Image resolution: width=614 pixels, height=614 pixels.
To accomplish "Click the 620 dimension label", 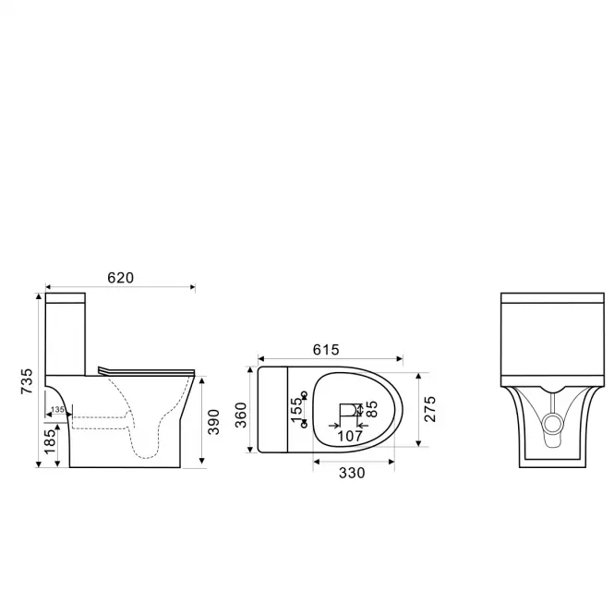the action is coord(121,278).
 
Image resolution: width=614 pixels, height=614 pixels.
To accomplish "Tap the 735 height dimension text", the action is coord(28,381).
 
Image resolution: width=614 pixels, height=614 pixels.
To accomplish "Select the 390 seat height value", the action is coord(213,422).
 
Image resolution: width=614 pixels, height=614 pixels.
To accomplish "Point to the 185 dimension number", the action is coord(50,441).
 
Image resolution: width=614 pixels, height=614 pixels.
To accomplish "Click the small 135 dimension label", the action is coord(57,409).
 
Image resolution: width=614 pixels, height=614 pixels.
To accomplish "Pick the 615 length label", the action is coord(326,350).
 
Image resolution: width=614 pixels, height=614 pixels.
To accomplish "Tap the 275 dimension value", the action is coord(429,409).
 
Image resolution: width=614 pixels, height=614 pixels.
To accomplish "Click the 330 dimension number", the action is coord(352,473).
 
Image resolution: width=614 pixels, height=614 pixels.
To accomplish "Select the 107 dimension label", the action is coord(350,436).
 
